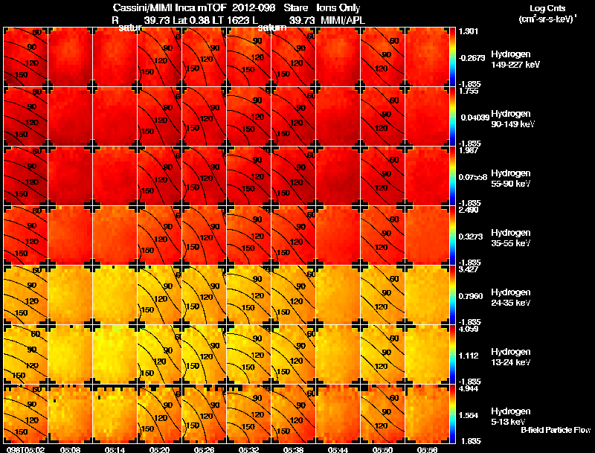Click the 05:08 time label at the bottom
click(70, 449)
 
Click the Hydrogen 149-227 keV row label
click(512, 60)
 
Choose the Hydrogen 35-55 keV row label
click(512, 237)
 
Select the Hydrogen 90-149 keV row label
click(512, 119)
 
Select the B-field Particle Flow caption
click(555, 430)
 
